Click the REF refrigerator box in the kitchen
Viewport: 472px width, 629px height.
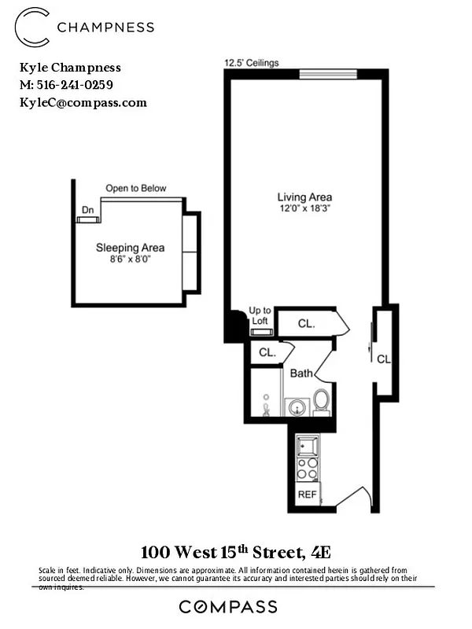click(307, 495)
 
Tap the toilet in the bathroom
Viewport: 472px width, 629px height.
click(322, 401)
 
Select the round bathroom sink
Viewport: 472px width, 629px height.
click(297, 406)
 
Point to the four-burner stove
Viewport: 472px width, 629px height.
click(307, 469)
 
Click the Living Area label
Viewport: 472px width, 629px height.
click(304, 197)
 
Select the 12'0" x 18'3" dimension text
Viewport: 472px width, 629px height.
click(304, 209)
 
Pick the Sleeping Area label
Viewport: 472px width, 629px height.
click(130, 247)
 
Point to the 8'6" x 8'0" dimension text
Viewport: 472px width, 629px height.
click(130, 259)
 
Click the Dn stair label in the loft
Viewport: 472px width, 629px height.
click(87, 209)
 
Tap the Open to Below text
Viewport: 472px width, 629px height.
click(136, 188)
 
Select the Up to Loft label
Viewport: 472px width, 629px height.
click(260, 315)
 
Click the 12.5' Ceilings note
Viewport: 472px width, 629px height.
click(252, 63)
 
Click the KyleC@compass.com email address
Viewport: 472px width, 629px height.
click(83, 102)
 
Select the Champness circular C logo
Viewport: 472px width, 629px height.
click(32, 26)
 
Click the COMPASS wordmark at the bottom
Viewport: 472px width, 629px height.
click(228, 606)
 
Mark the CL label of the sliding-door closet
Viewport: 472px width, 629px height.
click(383, 359)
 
